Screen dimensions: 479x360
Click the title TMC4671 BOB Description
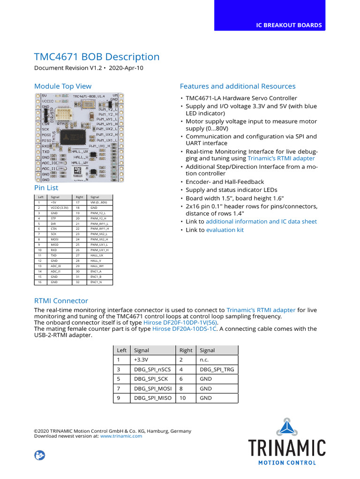point(97,57)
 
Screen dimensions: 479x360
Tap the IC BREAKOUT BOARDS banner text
point(288,25)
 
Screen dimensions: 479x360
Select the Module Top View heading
point(63,86)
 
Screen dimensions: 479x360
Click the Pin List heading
point(46,188)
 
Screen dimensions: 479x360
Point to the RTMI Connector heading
point(61,301)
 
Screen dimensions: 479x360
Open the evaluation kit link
point(225,230)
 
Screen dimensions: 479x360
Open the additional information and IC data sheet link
point(261,222)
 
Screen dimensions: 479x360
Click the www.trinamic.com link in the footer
point(121,436)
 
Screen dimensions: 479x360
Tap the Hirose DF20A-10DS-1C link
point(184,329)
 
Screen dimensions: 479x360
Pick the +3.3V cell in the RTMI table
point(141,360)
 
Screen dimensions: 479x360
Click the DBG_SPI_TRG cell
point(217,370)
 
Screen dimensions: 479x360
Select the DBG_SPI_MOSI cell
point(153,389)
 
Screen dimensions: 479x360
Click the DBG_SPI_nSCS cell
point(152,370)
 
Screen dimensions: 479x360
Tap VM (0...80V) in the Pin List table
point(98,203)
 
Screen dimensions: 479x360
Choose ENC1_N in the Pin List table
point(96,283)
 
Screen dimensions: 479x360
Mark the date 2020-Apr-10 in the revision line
point(126,68)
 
